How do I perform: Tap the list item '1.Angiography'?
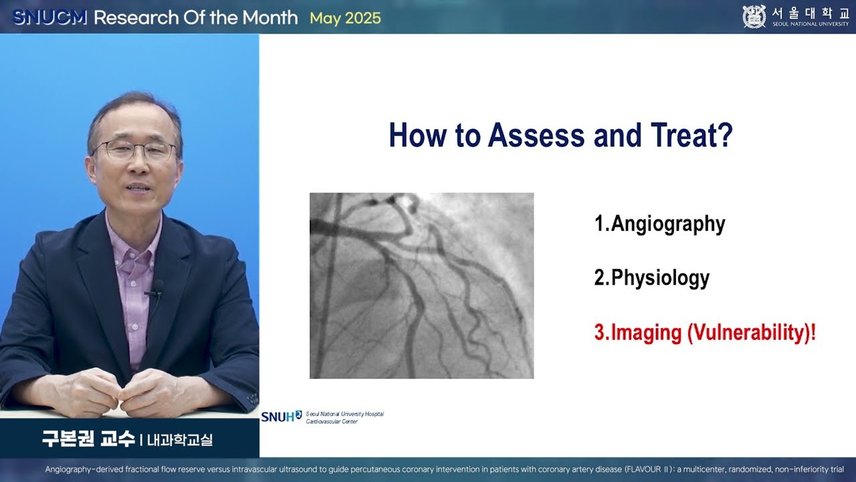click(x=659, y=224)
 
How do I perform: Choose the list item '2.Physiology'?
click(x=651, y=278)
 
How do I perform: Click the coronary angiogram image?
click(x=421, y=286)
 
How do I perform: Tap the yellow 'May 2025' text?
click(x=345, y=18)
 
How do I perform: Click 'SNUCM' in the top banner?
click(x=50, y=18)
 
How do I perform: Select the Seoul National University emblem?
click(x=754, y=17)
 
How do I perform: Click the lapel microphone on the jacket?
click(x=157, y=289)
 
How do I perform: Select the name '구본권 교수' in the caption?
click(x=88, y=440)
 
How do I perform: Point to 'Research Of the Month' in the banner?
click(x=195, y=18)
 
